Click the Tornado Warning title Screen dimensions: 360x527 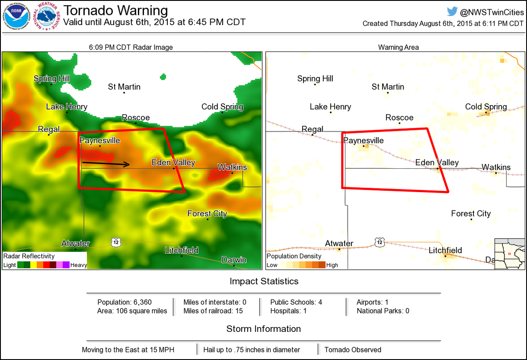coord(116,11)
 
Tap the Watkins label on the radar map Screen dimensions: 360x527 coord(232,167)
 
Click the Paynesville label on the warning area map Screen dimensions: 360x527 coord(363,141)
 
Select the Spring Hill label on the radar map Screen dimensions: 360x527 coord(51,79)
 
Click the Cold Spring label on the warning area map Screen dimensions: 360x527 coord(486,107)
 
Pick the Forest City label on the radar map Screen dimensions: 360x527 coord(207,214)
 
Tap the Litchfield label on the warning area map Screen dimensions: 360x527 coord(445,251)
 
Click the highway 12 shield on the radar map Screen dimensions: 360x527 coord(116,242)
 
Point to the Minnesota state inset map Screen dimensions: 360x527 coord(509,253)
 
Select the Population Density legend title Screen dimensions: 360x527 coord(294,256)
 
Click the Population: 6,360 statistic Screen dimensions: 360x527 coord(124,302)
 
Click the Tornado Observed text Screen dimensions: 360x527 coord(353,350)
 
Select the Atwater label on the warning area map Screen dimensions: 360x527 coord(339,244)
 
